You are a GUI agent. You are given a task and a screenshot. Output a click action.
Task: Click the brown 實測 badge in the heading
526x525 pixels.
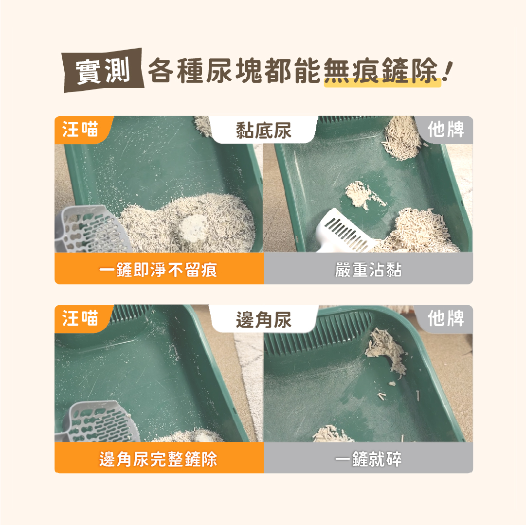[x=103, y=70]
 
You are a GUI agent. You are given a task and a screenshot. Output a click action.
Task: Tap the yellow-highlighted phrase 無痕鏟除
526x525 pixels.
[x=382, y=71]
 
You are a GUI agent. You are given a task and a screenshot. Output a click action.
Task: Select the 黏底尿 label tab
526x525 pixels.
[x=263, y=130]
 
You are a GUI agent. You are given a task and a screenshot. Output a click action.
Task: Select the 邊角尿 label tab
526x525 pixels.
[x=263, y=319]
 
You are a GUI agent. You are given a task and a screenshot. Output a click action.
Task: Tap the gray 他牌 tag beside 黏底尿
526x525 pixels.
[x=445, y=130]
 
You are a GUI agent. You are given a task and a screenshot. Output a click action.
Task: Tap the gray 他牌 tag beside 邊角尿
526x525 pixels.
[x=445, y=318]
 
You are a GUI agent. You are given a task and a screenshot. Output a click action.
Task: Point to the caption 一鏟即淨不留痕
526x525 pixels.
[x=158, y=270]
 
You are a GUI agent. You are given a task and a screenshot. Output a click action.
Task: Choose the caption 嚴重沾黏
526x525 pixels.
[x=368, y=270]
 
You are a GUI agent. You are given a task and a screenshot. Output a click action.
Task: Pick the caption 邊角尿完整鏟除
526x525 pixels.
[x=158, y=459]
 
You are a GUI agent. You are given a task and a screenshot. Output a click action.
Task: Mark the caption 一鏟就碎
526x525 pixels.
[x=368, y=459]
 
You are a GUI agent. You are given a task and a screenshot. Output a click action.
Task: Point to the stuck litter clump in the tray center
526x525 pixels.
[x=363, y=194]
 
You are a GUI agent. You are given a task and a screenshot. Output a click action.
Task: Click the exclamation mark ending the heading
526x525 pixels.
[x=448, y=71]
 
